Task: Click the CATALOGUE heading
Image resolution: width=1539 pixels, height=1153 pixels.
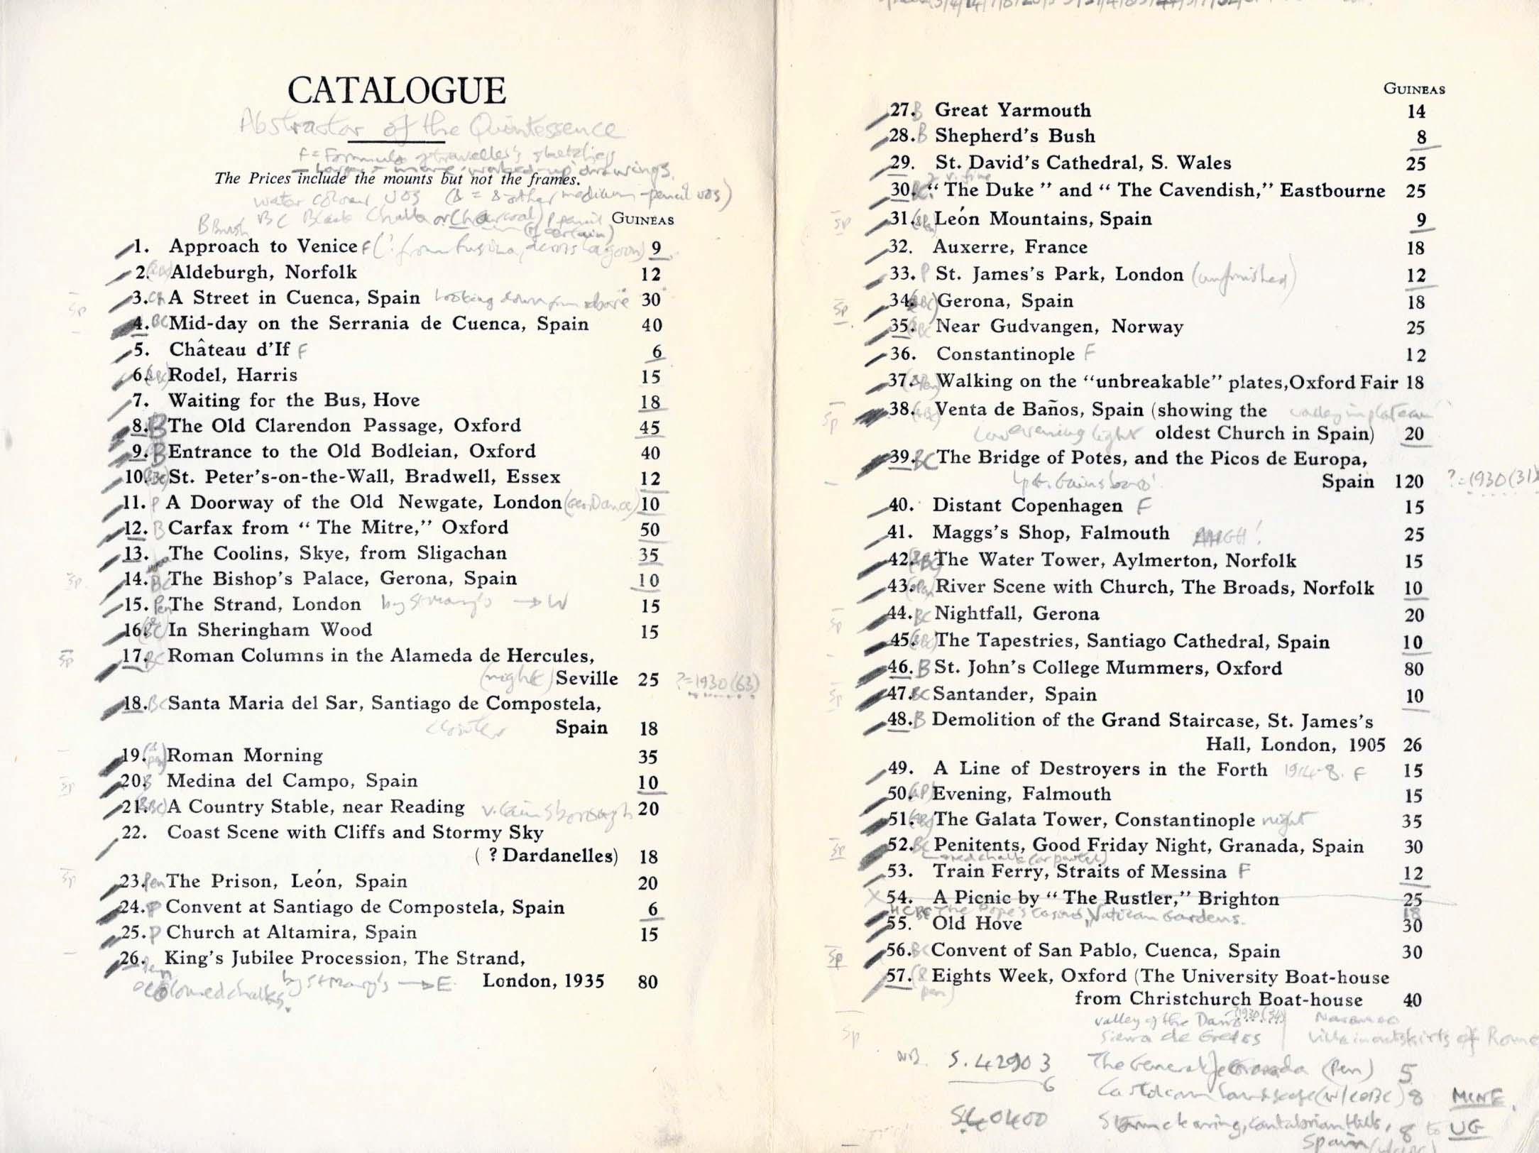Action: [396, 92]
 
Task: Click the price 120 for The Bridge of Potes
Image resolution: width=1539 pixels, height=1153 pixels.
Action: [1408, 482]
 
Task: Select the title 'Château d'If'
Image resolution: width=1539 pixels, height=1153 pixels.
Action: [229, 349]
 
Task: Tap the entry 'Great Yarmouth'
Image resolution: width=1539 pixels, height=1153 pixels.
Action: [1012, 110]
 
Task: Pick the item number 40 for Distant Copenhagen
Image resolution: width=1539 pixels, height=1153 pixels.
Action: [901, 506]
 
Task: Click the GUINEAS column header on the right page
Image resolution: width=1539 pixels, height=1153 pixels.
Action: [1414, 89]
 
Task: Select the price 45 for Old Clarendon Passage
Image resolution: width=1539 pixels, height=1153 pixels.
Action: [650, 427]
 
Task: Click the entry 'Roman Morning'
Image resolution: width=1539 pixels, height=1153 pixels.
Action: [245, 755]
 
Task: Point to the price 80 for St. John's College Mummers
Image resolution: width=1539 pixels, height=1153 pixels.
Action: [1413, 669]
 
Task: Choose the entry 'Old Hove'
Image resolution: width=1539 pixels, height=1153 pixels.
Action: [977, 924]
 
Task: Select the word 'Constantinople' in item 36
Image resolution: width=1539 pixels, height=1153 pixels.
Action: [1005, 354]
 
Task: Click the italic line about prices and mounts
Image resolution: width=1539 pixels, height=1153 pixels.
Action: [398, 179]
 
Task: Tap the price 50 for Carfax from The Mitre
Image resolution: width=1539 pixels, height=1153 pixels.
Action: [650, 530]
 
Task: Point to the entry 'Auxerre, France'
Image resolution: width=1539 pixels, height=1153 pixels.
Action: [1009, 247]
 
